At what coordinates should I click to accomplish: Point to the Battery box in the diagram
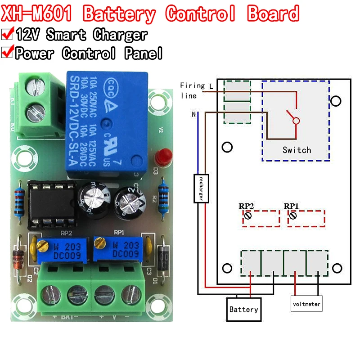pyautogui.click(x=243, y=309)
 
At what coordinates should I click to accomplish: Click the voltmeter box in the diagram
pyautogui.click(x=306, y=304)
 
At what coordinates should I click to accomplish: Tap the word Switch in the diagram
pyautogui.click(x=297, y=150)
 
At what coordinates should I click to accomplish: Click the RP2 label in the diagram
pyautogui.click(x=247, y=206)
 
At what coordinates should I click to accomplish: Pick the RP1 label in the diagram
pyautogui.click(x=292, y=206)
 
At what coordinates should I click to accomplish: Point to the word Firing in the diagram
pyautogui.click(x=192, y=85)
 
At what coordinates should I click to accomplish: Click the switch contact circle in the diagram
pyautogui.click(x=296, y=121)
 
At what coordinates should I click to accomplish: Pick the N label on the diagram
pyautogui.click(x=194, y=114)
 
